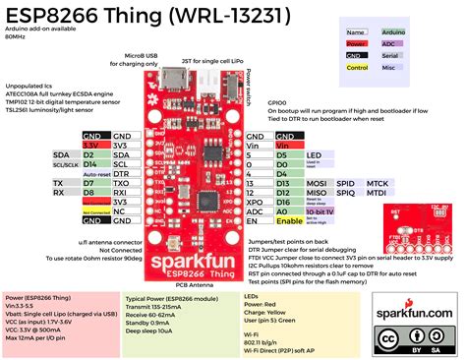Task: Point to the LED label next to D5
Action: click(314, 155)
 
